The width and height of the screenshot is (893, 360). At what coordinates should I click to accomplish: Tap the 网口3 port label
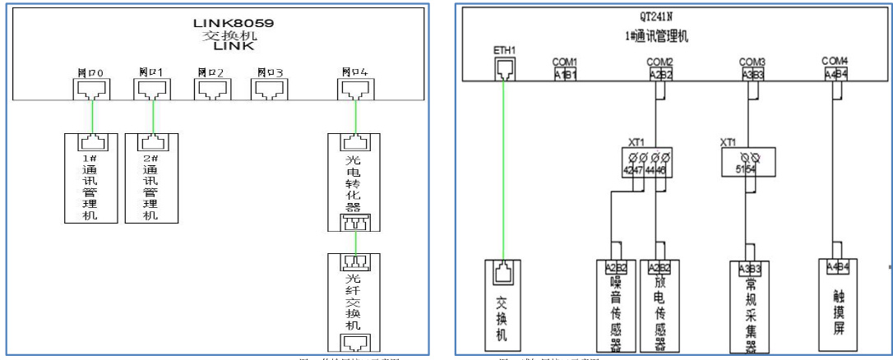(269, 72)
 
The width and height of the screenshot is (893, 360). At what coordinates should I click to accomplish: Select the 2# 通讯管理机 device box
(152, 177)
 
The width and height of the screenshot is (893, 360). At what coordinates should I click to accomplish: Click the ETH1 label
(503, 50)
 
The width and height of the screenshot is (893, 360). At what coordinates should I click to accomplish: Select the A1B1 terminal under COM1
(564, 74)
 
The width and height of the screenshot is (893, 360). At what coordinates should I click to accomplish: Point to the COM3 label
(752, 62)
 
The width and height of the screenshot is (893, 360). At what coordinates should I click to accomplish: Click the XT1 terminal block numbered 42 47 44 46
(644, 163)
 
